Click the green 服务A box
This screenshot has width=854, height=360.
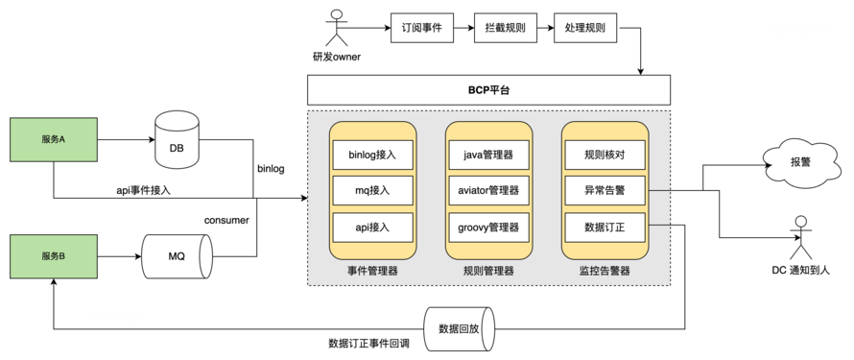(53, 139)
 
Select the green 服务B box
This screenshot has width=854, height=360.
(53, 256)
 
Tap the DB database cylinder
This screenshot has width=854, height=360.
(177, 139)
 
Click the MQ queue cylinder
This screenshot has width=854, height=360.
(177, 256)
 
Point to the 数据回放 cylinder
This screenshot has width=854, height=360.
(459, 328)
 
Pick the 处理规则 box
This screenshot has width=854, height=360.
(585, 28)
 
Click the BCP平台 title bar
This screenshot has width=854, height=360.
(488, 90)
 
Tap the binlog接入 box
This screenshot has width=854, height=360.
(373, 154)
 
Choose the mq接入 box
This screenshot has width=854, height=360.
(373, 190)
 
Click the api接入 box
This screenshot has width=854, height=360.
(373, 228)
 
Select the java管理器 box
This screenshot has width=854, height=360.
(488, 154)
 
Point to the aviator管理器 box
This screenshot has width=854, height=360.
(488, 190)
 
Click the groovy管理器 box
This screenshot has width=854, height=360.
(488, 228)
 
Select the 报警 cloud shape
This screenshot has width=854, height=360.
(799, 161)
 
